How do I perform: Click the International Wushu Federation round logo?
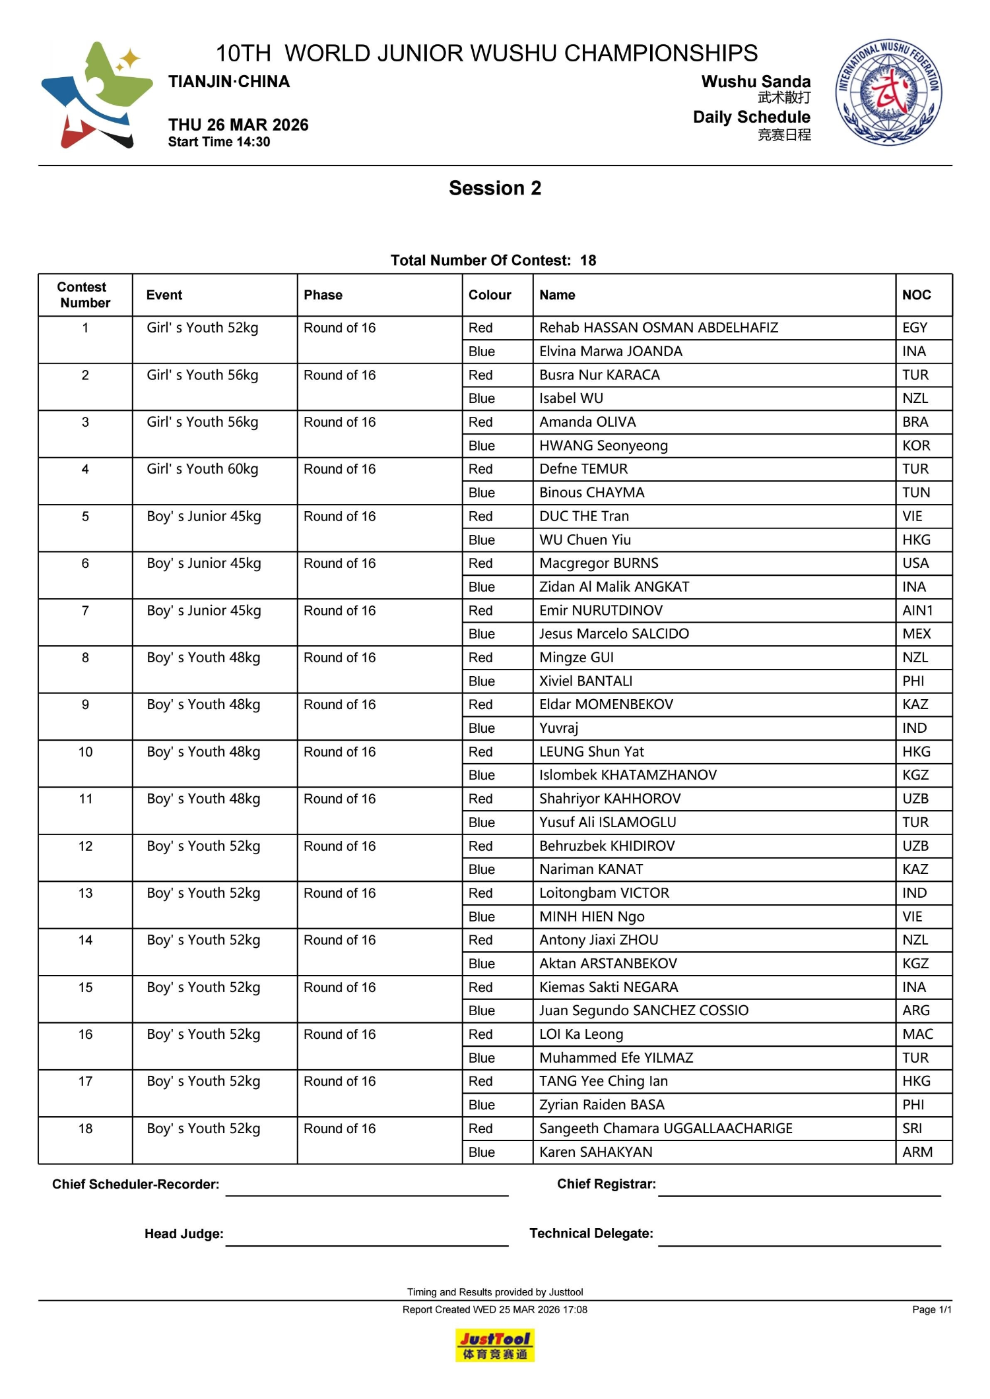pos(888,92)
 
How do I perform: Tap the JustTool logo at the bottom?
pos(494,1345)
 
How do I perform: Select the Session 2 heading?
pos(495,188)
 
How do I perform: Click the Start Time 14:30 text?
pos(219,142)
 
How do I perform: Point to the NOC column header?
pos(917,295)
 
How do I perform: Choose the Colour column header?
pos(490,295)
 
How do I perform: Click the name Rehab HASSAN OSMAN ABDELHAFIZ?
pos(659,328)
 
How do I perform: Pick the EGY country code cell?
pos(915,328)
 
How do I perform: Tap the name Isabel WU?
pos(571,398)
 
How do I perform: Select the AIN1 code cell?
pos(917,611)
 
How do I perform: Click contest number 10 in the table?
pos(86,752)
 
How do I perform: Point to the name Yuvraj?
pos(558,728)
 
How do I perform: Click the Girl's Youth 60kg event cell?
pos(203,469)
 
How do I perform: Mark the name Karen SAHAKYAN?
pos(596,1152)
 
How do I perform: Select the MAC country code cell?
pos(917,1034)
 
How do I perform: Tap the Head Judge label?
pos(184,1234)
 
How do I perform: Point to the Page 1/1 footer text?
pos(931,1310)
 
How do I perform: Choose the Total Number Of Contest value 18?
pos(588,261)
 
